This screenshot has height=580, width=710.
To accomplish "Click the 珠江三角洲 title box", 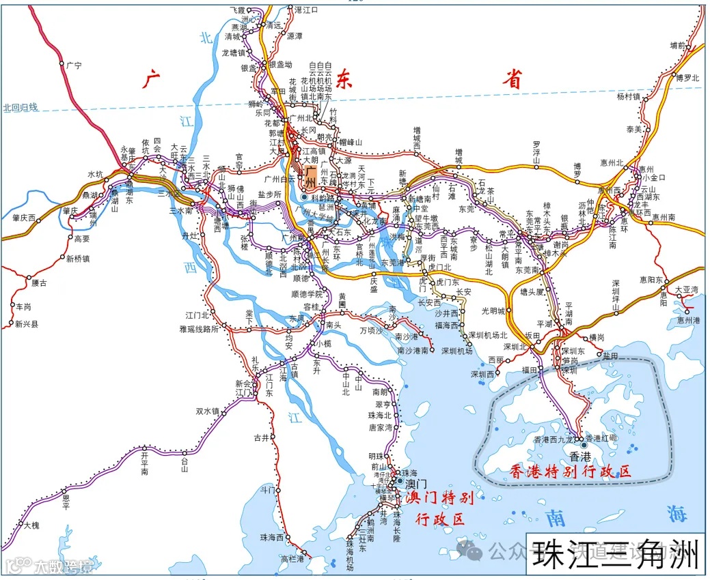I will click(615, 554).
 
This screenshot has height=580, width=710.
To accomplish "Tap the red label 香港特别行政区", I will click(570, 471).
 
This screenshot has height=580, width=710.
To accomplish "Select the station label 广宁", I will click(74, 66).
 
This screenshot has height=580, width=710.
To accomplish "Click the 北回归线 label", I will click(21, 107).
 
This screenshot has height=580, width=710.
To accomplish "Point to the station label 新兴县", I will click(27, 324).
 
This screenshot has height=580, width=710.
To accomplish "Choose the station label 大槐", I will click(31, 525).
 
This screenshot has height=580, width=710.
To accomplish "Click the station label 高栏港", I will click(293, 559).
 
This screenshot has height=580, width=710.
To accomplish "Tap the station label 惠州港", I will click(688, 319).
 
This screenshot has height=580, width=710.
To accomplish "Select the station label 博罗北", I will click(687, 78).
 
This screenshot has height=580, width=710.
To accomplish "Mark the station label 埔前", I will click(677, 45).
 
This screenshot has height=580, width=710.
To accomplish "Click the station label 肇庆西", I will click(23, 218).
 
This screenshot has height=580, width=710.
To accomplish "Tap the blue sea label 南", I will click(556, 518).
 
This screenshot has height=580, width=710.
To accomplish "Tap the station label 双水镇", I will click(207, 411).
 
